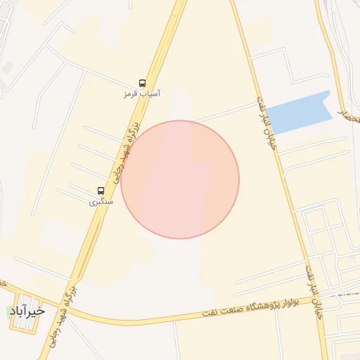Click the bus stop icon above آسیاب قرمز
143,82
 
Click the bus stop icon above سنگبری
101,191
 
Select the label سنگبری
100,202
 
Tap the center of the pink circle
180,179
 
